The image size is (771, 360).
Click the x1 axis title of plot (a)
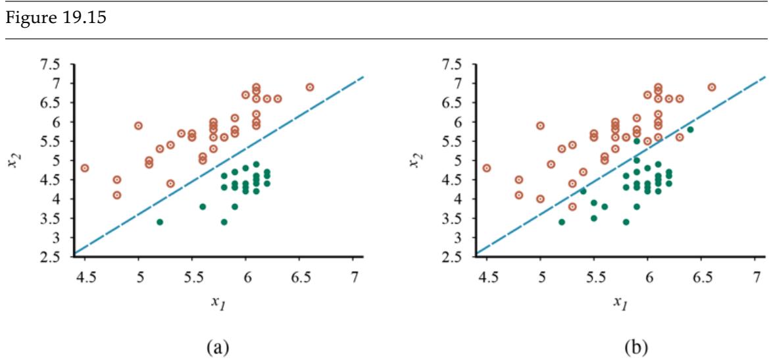click(x=216, y=301)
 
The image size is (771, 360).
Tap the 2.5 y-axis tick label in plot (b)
click(x=451, y=256)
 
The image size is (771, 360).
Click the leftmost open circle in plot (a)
click(x=85, y=168)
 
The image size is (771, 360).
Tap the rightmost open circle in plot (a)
click(x=310, y=87)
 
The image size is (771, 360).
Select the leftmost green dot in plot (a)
click(x=160, y=222)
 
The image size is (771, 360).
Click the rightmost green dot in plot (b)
click(x=690, y=130)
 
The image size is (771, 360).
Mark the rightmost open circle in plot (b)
click(x=712, y=87)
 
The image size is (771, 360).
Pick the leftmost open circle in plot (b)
click(x=487, y=168)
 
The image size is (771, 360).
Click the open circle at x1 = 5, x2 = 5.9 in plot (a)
click(x=139, y=126)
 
